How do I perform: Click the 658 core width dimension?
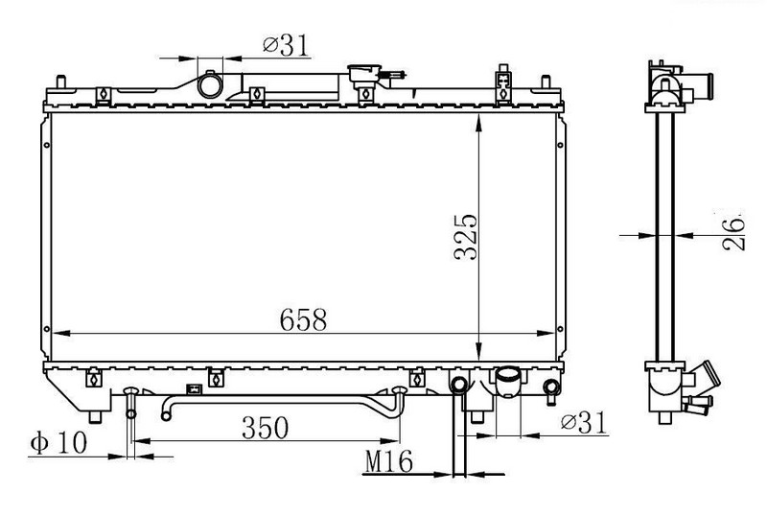click(x=303, y=319)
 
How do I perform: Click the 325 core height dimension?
click(x=466, y=237)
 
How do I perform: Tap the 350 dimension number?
click(x=266, y=428)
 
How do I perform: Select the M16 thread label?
click(x=389, y=461)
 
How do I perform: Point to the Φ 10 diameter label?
click(x=58, y=443)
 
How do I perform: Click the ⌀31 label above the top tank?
click(x=286, y=45)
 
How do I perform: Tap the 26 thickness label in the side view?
click(x=733, y=233)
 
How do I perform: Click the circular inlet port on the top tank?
click(x=210, y=84)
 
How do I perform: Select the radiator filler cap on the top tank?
click(x=364, y=75)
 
